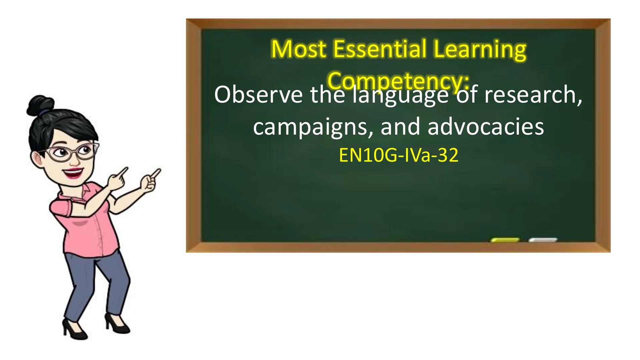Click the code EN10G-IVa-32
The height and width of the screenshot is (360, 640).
click(398, 155)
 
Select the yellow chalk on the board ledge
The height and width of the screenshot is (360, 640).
click(505, 240)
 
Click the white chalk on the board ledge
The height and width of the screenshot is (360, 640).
click(543, 240)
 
